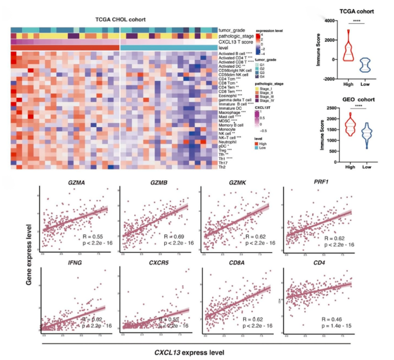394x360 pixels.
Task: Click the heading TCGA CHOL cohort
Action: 120,20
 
